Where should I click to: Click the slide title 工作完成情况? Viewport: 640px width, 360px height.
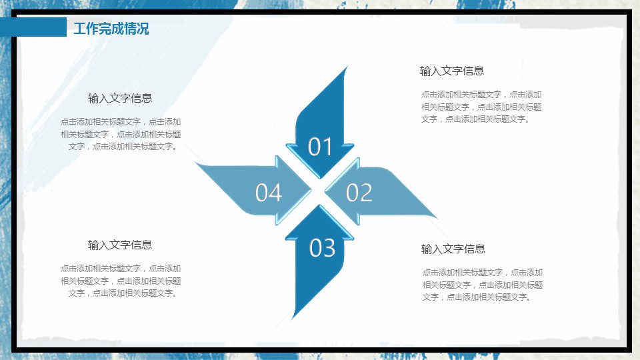click(x=111, y=29)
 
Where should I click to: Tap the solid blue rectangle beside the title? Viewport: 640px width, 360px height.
click(x=33, y=27)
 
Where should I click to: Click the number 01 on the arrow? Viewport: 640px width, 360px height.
click(x=319, y=147)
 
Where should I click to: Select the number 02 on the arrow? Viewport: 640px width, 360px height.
click(x=359, y=193)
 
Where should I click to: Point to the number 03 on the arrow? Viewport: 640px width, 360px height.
click(x=322, y=248)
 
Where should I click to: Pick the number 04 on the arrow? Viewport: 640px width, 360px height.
click(x=269, y=193)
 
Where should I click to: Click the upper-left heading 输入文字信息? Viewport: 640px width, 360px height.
click(x=120, y=98)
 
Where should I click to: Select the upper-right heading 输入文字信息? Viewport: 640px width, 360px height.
click(x=452, y=71)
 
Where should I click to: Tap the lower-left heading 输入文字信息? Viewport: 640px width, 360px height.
click(x=120, y=245)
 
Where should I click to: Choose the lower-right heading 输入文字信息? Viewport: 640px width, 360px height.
click(x=453, y=249)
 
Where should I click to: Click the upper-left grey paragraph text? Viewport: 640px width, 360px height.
click(x=121, y=134)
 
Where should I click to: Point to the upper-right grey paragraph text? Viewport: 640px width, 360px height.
click(x=481, y=107)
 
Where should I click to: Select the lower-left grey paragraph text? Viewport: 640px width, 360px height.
click(x=121, y=281)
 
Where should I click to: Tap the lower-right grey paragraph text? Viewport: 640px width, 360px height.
click(x=483, y=285)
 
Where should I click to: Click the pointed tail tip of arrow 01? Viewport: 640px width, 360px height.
click(x=347, y=67)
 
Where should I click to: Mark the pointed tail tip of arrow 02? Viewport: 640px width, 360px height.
click(x=437, y=217)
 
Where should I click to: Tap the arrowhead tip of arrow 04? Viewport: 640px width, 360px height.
click(x=311, y=190)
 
